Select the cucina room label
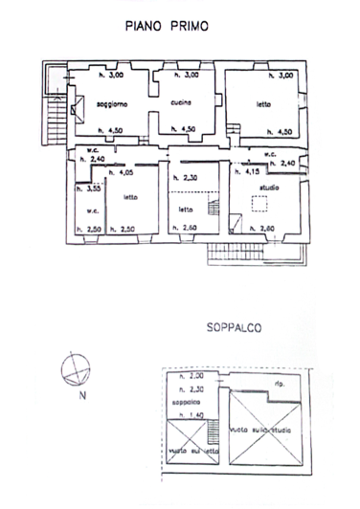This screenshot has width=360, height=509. (x=182, y=102)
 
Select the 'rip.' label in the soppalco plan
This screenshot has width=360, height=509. (x=279, y=386)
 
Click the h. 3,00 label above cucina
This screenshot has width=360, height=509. (x=185, y=75)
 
